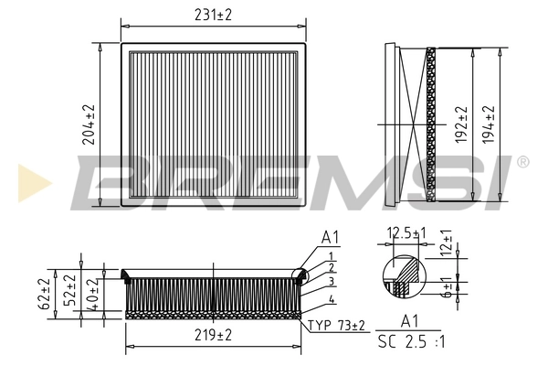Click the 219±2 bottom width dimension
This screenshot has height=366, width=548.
(x=212, y=337)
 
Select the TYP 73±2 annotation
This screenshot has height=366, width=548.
(x=336, y=325)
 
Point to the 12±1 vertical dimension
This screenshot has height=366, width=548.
(x=447, y=243)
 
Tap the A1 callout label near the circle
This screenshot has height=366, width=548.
(x=329, y=237)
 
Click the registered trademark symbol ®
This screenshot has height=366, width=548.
(x=522, y=162)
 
